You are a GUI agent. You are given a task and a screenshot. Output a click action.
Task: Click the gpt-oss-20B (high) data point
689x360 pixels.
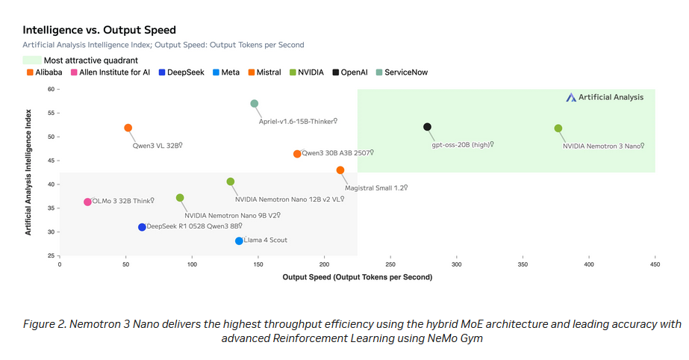[x=427, y=127]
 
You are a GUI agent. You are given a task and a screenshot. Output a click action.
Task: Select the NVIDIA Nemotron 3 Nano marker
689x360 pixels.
[x=558, y=128]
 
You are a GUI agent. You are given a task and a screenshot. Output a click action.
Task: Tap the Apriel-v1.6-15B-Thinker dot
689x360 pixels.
[x=255, y=104]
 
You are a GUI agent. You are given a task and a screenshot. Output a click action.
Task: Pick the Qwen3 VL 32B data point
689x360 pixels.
[x=128, y=128]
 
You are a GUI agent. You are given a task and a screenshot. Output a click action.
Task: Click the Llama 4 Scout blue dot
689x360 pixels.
[x=239, y=240]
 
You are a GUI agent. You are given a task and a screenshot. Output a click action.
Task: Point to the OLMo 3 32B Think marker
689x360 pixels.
[x=87, y=202]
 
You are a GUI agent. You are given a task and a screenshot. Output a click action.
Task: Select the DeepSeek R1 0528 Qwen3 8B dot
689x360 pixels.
[x=142, y=227]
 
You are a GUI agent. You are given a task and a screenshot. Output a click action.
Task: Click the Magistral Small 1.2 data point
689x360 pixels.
[x=340, y=170]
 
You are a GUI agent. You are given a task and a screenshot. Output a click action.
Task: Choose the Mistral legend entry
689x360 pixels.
[x=264, y=72]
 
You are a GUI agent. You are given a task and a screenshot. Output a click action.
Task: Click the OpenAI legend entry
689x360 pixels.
[x=350, y=72]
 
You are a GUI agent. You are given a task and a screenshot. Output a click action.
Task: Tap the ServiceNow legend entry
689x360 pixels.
[x=401, y=72]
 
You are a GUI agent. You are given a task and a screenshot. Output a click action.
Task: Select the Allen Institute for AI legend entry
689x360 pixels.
[x=110, y=72]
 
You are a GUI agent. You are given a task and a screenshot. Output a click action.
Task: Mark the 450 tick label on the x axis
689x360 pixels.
[x=655, y=264]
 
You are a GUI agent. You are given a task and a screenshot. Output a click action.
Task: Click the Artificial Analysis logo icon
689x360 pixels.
[x=571, y=97]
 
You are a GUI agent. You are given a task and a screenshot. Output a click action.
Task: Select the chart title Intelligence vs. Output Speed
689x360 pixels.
[x=99, y=30]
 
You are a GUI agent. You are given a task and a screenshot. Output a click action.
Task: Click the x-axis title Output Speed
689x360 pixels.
[x=358, y=277]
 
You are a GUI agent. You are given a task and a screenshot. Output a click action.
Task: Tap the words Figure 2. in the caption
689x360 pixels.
[x=44, y=323]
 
